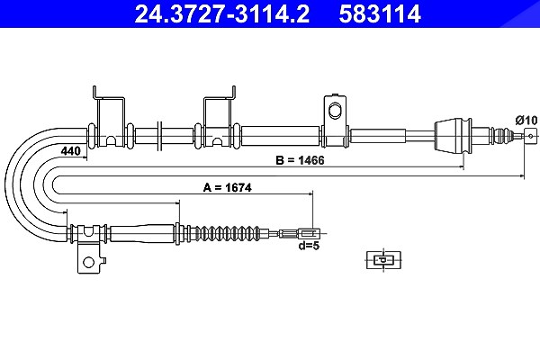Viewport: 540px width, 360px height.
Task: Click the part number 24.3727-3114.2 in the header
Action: click(222, 13)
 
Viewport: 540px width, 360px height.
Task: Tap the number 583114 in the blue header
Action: click(380, 13)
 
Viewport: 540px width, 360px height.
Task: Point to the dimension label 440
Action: click(70, 151)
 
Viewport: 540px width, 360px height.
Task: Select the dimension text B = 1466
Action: click(300, 160)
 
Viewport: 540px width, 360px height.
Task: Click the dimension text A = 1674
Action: click(228, 188)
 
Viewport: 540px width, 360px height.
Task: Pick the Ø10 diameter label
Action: click(526, 121)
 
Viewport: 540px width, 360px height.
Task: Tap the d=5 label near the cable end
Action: click(309, 246)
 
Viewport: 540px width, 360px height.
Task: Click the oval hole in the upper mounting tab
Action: click(334, 111)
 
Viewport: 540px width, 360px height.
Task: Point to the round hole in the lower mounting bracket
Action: click(88, 262)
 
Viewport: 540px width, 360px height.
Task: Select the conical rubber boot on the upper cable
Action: click(453, 135)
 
